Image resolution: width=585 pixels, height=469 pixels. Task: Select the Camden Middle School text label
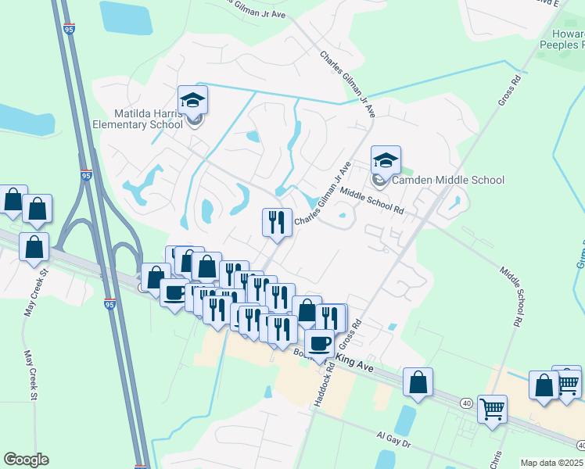pyautogui.click(x=448, y=180)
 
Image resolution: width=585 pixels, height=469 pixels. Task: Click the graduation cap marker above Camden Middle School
pyautogui.click(x=386, y=160)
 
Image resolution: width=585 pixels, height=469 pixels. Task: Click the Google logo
pyautogui.click(x=26, y=460)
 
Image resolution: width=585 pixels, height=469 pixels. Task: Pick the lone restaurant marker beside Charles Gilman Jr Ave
pyautogui.click(x=276, y=223)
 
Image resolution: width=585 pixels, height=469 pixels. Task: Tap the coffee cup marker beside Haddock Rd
pyautogui.click(x=319, y=343)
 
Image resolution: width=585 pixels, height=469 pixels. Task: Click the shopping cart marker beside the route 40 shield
pyautogui.click(x=492, y=409)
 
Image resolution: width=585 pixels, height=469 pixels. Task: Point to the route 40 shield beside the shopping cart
pyautogui.click(x=467, y=403)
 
